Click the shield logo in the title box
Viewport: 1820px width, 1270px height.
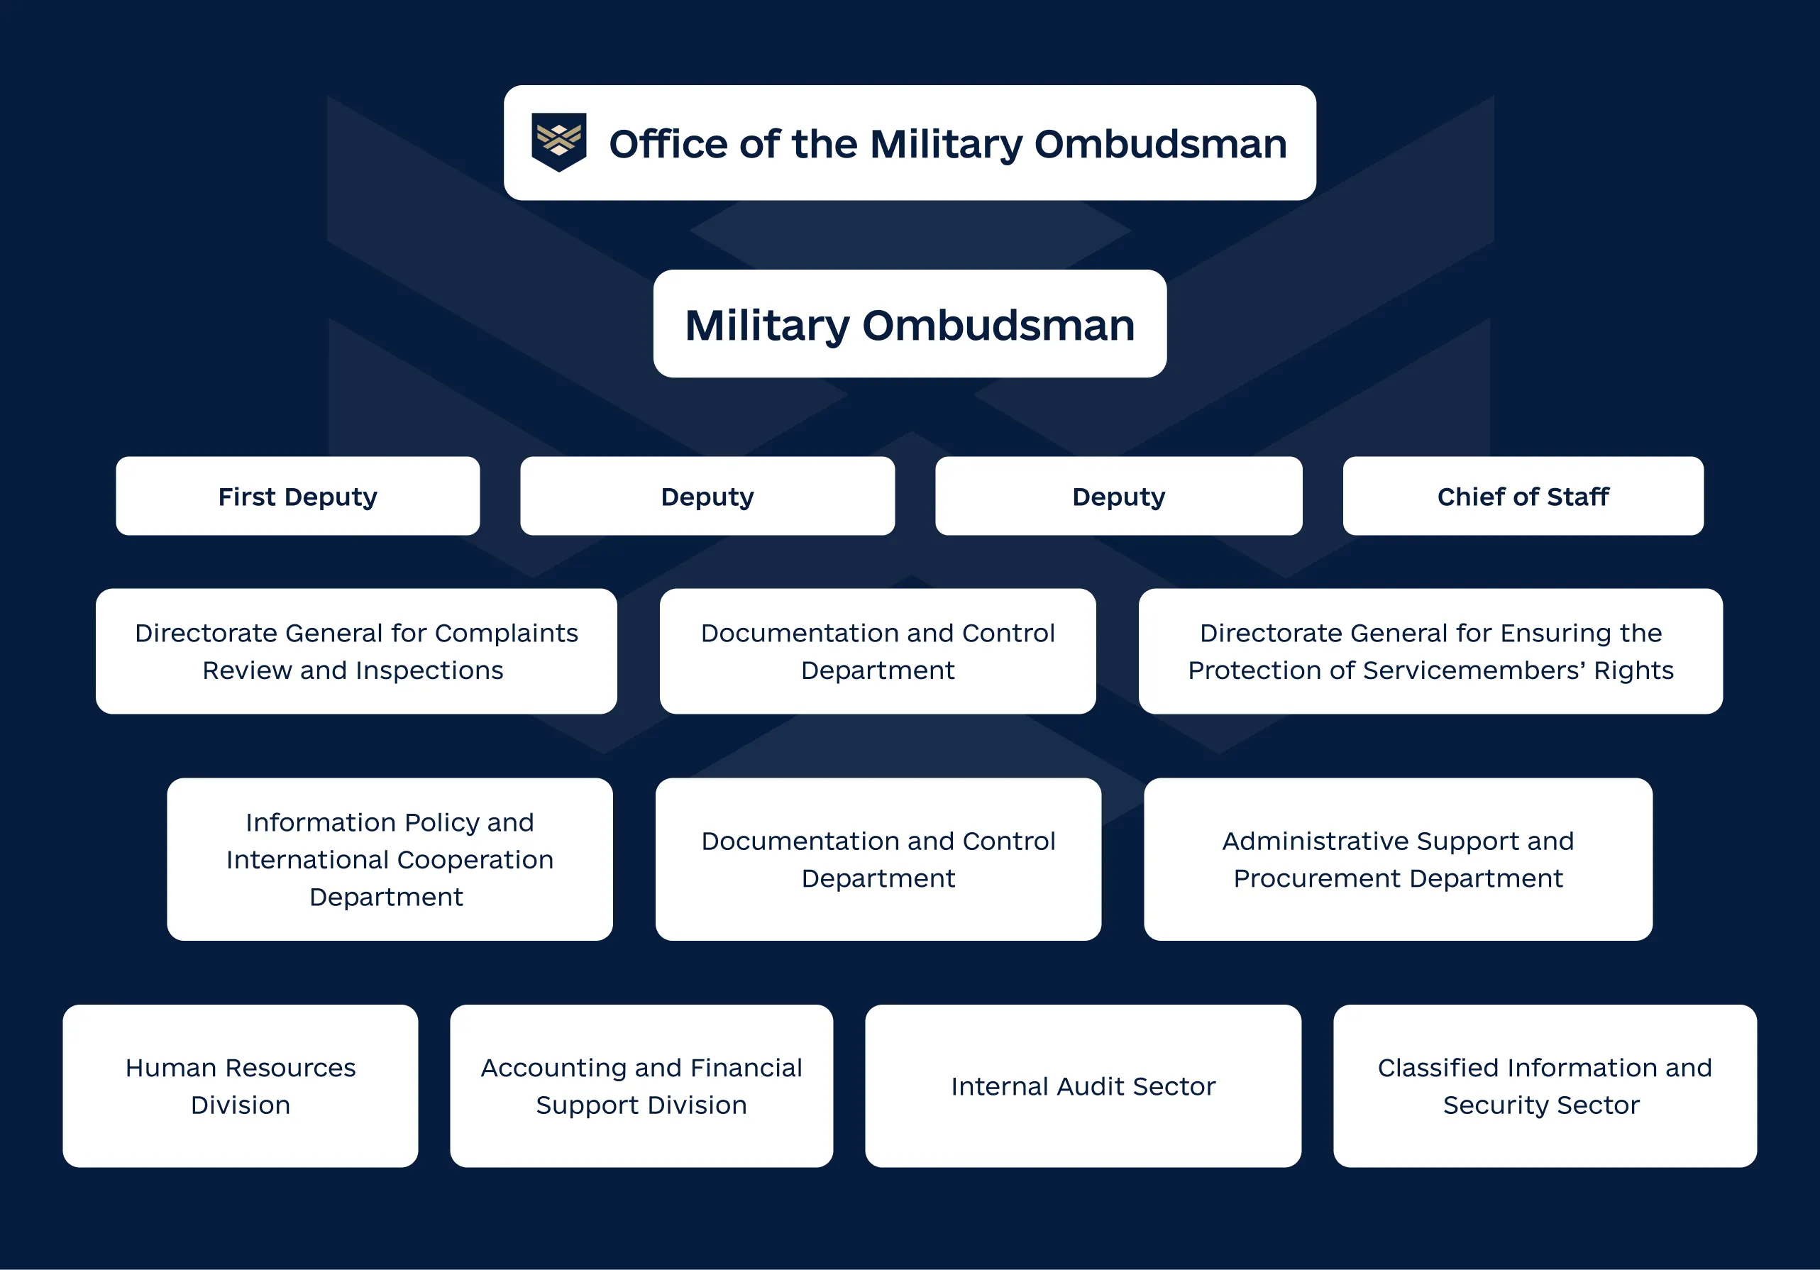click(x=559, y=142)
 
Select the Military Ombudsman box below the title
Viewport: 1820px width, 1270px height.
click(x=909, y=324)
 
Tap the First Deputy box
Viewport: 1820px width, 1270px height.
click(x=297, y=496)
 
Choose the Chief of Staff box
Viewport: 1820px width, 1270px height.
click(x=1522, y=496)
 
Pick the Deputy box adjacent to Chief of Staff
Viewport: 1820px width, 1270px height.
click(x=1118, y=496)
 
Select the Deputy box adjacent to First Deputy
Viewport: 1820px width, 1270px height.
click(x=707, y=496)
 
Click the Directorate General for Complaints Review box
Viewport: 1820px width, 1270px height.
click(x=356, y=651)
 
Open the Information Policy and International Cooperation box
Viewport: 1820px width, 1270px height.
click(x=390, y=859)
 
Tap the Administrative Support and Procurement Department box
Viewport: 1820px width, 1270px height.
click(x=1398, y=859)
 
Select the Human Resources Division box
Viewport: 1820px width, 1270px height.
click(x=240, y=1086)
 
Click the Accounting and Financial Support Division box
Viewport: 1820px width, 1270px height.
click(x=641, y=1086)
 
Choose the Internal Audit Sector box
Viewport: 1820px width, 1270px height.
click(x=1083, y=1086)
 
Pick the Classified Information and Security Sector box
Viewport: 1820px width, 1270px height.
click(x=1544, y=1086)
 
